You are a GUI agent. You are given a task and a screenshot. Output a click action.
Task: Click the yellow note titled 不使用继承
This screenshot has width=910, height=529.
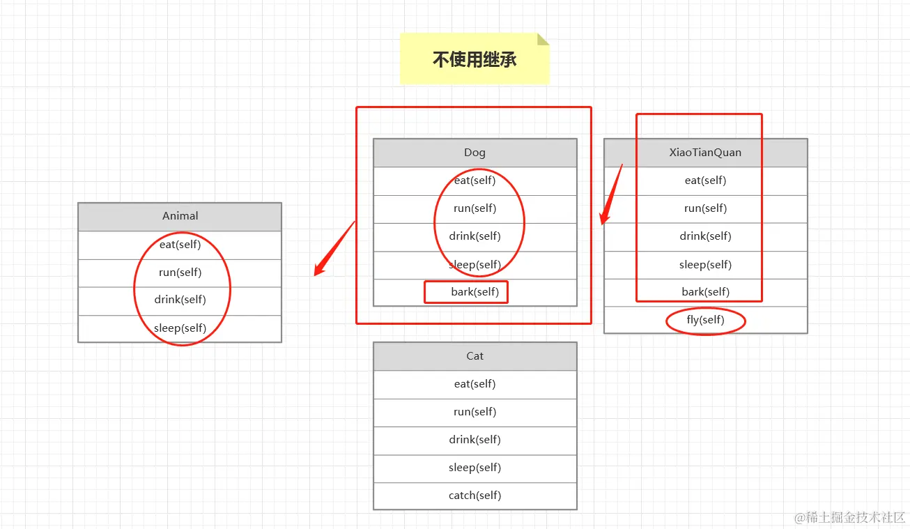[475, 59]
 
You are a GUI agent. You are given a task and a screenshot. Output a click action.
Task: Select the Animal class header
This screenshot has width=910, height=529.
[180, 216]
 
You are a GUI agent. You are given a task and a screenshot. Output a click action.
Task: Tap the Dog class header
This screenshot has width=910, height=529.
[475, 153]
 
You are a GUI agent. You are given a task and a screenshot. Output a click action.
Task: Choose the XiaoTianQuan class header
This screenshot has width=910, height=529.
[705, 153]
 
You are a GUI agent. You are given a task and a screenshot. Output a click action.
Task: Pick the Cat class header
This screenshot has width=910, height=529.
[475, 356]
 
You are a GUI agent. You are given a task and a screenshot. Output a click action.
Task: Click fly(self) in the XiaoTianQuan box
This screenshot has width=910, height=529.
[705, 320]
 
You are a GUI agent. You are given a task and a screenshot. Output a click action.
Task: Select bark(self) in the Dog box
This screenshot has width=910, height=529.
[475, 292]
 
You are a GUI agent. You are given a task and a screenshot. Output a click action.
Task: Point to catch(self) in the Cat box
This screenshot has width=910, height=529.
[475, 496]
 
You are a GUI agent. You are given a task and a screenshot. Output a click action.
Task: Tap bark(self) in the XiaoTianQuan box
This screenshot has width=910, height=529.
[705, 292]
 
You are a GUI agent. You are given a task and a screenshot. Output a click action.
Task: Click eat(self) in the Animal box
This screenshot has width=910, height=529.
[180, 245]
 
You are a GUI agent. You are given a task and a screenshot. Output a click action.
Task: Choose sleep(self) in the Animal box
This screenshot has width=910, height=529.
[180, 328]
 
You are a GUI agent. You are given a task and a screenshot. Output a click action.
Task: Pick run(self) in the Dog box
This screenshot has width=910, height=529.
[475, 208]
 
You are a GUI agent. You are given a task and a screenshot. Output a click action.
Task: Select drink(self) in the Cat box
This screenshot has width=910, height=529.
[475, 440]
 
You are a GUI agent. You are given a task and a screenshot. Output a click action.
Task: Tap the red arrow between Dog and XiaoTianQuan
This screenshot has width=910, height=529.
[610, 196]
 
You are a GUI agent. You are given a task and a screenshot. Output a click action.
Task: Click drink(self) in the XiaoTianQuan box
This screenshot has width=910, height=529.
[705, 236]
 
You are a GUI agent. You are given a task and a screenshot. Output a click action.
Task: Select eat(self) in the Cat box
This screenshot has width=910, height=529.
[475, 384]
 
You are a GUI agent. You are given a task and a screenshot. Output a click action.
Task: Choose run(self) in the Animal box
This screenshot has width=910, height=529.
[180, 273]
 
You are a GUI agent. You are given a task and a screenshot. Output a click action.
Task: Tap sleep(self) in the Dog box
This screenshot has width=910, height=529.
[475, 265]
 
